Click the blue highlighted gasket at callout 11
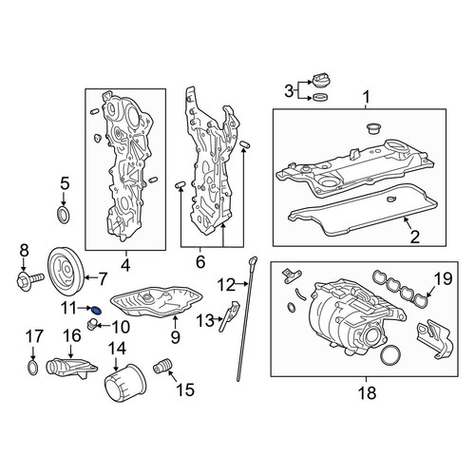98,310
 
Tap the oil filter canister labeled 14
125,384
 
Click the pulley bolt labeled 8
30,279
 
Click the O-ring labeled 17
33,367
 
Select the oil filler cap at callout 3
320,82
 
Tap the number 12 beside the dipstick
227,284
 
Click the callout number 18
367,393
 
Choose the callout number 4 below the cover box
125,265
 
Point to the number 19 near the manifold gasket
443,279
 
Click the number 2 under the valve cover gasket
414,237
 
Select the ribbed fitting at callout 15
162,366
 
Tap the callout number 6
200,262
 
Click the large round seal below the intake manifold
389,356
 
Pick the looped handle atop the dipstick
253,261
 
